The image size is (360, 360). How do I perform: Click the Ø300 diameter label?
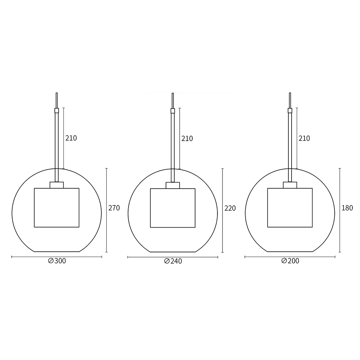click(x=57, y=261)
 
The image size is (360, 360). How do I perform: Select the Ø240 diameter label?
click(x=173, y=261)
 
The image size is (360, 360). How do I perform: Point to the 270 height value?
click(x=114, y=208)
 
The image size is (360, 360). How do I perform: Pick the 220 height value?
click(x=230, y=208)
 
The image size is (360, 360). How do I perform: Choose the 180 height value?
click(x=347, y=208)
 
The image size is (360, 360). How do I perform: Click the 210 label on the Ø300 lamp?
click(x=71, y=138)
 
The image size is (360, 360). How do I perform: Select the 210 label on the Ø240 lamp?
click(x=187, y=138)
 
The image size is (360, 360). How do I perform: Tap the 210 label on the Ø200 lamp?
click(x=304, y=138)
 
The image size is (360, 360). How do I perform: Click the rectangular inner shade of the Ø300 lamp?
click(x=57, y=208)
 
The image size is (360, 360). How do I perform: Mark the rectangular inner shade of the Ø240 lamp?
click(x=172, y=208)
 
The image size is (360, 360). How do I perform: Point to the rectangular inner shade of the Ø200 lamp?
click(x=290, y=208)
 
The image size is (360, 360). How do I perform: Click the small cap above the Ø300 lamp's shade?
click(x=57, y=185)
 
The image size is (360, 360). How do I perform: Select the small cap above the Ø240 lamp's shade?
click(x=172, y=185)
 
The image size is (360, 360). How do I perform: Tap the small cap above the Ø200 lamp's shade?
click(x=290, y=185)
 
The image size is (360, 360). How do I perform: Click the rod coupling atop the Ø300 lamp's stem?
click(x=57, y=111)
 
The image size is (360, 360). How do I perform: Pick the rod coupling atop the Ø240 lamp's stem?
click(x=172, y=111)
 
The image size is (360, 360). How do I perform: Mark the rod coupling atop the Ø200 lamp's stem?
click(x=290, y=111)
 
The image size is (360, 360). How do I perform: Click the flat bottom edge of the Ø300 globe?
click(x=57, y=252)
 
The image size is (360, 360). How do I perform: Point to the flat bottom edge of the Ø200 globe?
click(x=290, y=252)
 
